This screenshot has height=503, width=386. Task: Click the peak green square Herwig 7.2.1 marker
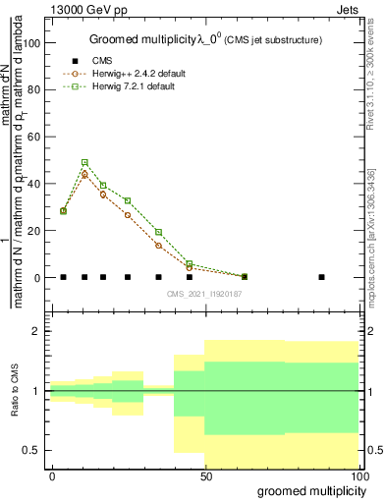(x=84, y=162)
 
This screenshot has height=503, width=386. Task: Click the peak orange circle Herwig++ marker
(x=84, y=175)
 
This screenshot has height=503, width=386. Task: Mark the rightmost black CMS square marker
(x=321, y=277)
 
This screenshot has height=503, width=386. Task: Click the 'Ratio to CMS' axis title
(x=15, y=392)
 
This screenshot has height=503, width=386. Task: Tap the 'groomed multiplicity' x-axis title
(x=309, y=490)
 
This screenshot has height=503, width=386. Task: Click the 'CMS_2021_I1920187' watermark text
(x=205, y=294)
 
